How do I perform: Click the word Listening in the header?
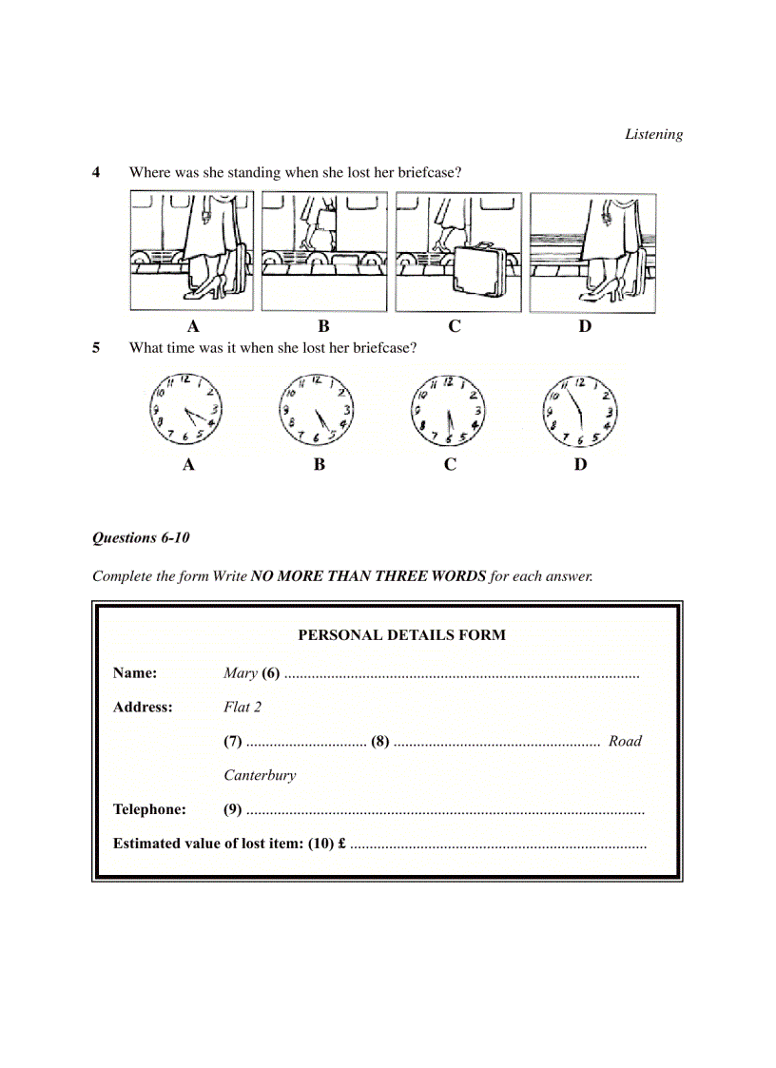pos(653,134)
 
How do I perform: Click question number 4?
pos(96,172)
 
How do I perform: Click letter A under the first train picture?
pos(193,326)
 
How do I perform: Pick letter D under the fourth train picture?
pos(585,326)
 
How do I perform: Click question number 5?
pos(96,347)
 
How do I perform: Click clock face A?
pos(187,410)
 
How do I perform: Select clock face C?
pos(449,410)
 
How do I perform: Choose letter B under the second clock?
pos(320,464)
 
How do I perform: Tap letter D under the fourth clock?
pos(580,464)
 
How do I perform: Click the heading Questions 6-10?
pos(141,537)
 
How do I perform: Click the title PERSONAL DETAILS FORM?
pos(401,634)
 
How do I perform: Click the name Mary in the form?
pos(241,673)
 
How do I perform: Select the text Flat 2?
pos(242,707)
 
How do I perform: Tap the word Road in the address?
pos(625,741)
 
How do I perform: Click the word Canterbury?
pos(260,775)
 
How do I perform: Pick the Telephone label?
pos(149,809)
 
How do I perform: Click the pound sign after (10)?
pos(340,844)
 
